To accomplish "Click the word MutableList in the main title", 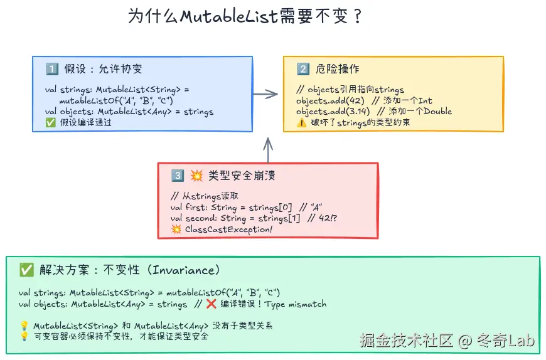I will (228, 16).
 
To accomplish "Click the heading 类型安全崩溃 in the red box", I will (242, 176).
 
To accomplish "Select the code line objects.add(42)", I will (330, 100).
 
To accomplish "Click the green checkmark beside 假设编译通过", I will (50, 122).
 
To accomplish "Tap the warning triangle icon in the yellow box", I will (301, 122).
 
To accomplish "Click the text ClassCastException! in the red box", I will (228, 229).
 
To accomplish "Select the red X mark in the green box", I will (211, 304).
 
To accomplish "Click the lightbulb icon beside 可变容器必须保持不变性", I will (24, 336).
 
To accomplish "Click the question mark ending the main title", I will (358, 16).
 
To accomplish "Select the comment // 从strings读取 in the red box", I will (204, 196).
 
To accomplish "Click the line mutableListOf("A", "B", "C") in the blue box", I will (116, 100).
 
